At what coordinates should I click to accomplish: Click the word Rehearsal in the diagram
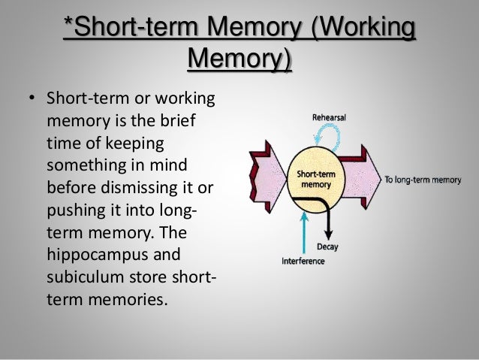(x=329, y=117)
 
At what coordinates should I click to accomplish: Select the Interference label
(x=303, y=262)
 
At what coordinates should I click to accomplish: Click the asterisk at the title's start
(x=67, y=28)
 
